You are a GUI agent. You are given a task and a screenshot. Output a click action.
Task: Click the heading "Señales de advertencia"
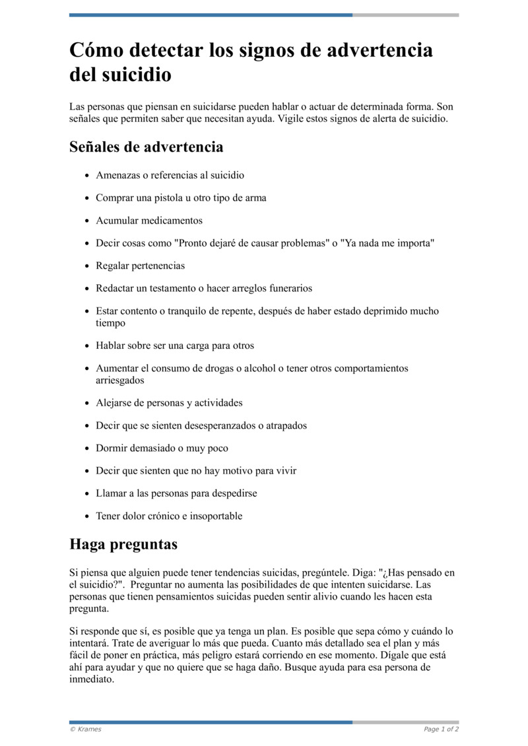[146, 146]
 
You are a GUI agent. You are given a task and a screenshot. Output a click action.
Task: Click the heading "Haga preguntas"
[123, 545]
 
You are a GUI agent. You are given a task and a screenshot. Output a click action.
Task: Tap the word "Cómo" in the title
[98, 51]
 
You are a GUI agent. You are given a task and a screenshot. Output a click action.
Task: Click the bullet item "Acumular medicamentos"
[149, 220]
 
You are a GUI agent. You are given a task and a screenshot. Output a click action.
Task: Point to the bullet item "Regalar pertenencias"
[140, 266]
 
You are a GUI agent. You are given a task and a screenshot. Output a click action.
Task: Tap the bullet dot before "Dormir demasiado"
[86, 449]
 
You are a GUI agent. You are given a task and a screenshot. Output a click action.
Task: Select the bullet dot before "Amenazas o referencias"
[86, 176]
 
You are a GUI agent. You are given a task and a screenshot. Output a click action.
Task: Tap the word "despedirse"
[232, 493]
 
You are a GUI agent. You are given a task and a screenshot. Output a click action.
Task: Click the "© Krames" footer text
[86, 730]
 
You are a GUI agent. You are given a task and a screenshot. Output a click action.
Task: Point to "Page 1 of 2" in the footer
[441, 730]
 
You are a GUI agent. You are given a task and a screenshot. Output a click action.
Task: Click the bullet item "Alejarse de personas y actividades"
[169, 403]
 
